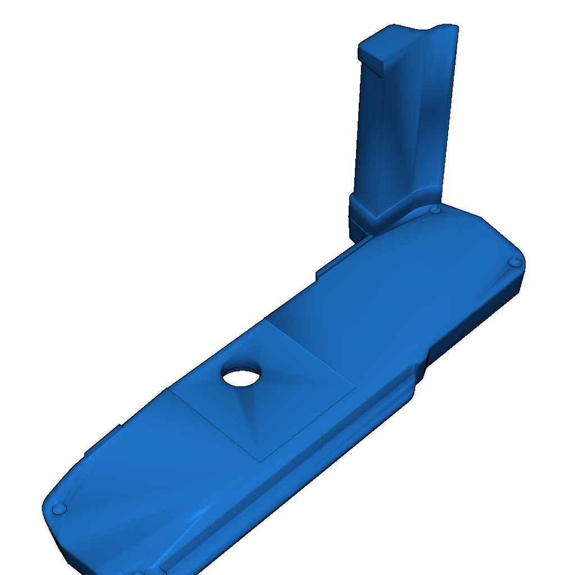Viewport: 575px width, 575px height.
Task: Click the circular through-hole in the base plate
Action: point(241,376)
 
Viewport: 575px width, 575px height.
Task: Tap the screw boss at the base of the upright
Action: point(434,209)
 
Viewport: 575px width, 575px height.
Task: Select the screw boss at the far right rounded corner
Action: point(513,262)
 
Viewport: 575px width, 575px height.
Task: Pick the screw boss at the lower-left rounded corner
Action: point(58,509)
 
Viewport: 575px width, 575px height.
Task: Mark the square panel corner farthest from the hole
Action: point(262,461)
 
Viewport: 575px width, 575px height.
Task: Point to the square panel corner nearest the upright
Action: point(264,321)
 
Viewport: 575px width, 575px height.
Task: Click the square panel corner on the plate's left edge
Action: point(168,389)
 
